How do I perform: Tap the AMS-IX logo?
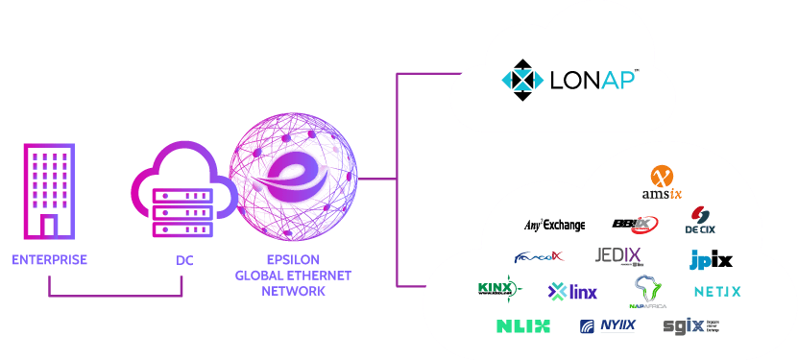click(662, 182)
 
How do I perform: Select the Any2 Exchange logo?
click(554, 225)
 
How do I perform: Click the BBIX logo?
click(634, 224)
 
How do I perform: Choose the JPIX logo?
click(711, 259)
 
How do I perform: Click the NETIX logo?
click(717, 290)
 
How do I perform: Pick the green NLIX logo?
click(523, 325)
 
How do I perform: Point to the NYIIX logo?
click(608, 325)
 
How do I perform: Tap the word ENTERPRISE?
click(49, 260)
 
